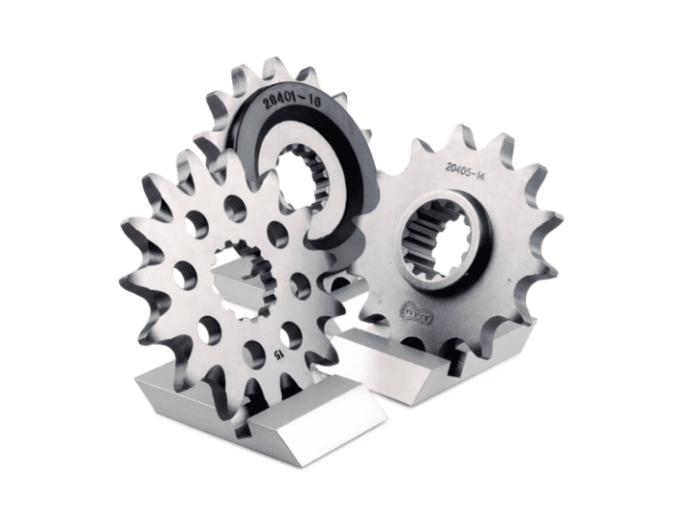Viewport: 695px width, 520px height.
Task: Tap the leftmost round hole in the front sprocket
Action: click(x=184, y=274)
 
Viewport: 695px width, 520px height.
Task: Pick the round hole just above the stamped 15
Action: click(x=291, y=334)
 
